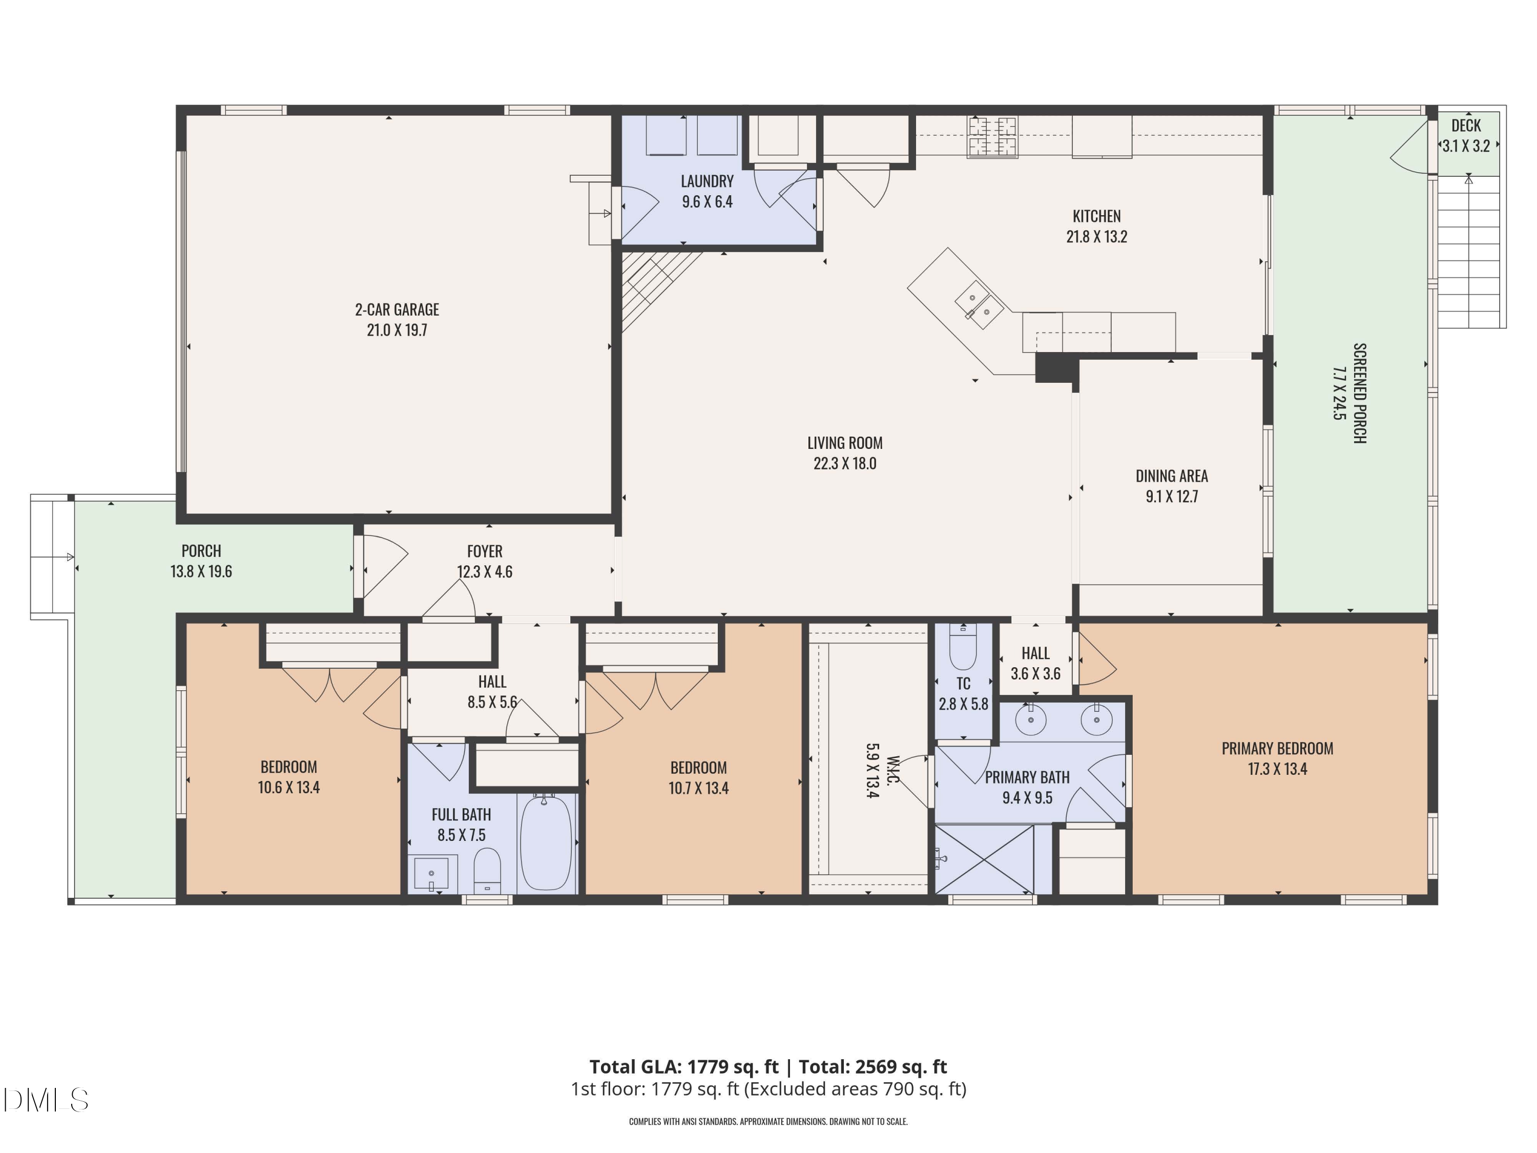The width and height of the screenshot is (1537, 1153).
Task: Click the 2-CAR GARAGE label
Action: [x=397, y=310]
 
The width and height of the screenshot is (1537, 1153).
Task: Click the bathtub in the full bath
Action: [x=547, y=842]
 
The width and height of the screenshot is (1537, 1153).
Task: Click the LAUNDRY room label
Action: [x=707, y=181]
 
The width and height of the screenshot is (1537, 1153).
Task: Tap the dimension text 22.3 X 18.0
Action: [x=844, y=464]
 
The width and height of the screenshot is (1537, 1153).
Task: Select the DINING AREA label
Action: [x=1172, y=476]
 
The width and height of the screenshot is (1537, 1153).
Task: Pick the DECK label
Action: [x=1465, y=126]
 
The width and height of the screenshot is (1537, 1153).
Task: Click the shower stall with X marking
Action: [x=983, y=859]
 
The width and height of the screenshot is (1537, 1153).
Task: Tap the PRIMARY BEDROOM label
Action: [x=1277, y=749]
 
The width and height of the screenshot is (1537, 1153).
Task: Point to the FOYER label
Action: [x=484, y=551]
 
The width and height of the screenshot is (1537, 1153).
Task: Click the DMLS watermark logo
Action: [x=45, y=1100]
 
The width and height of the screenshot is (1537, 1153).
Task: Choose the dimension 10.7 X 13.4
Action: [x=698, y=788]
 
